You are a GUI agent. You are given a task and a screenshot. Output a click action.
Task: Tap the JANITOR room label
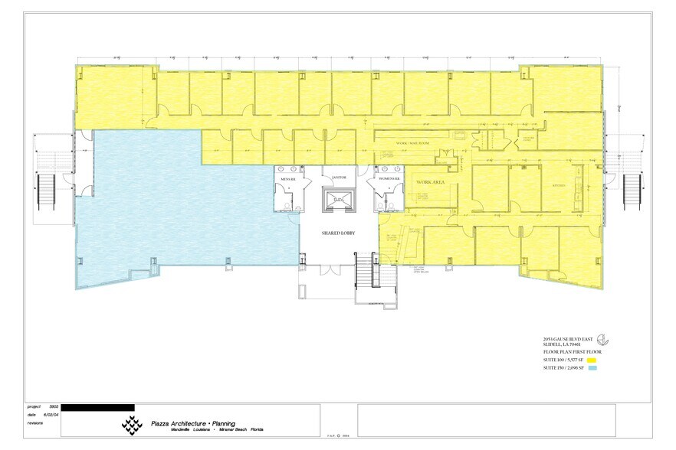pos(339,178)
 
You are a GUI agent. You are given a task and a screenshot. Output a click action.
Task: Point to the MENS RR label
pos(288,180)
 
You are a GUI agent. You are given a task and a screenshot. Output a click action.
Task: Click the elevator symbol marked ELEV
pos(339,200)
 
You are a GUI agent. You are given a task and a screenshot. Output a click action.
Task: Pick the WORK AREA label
pos(431,183)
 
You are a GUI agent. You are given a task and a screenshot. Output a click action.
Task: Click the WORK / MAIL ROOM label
pos(412,144)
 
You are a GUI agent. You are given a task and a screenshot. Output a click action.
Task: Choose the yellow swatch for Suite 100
pos(591,359)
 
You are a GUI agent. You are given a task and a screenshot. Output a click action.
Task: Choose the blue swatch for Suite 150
pos(591,368)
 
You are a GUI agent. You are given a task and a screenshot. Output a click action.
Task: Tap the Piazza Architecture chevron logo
pos(132,424)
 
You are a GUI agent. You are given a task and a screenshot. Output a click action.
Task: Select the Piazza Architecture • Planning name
pos(192,423)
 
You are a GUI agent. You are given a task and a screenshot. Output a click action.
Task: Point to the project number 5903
pos(54,407)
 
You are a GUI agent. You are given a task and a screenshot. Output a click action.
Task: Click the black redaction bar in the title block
pos(97,407)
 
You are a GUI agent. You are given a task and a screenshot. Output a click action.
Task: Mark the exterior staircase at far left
pos(43,192)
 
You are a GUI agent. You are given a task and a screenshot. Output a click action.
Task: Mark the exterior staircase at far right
pos(633,192)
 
